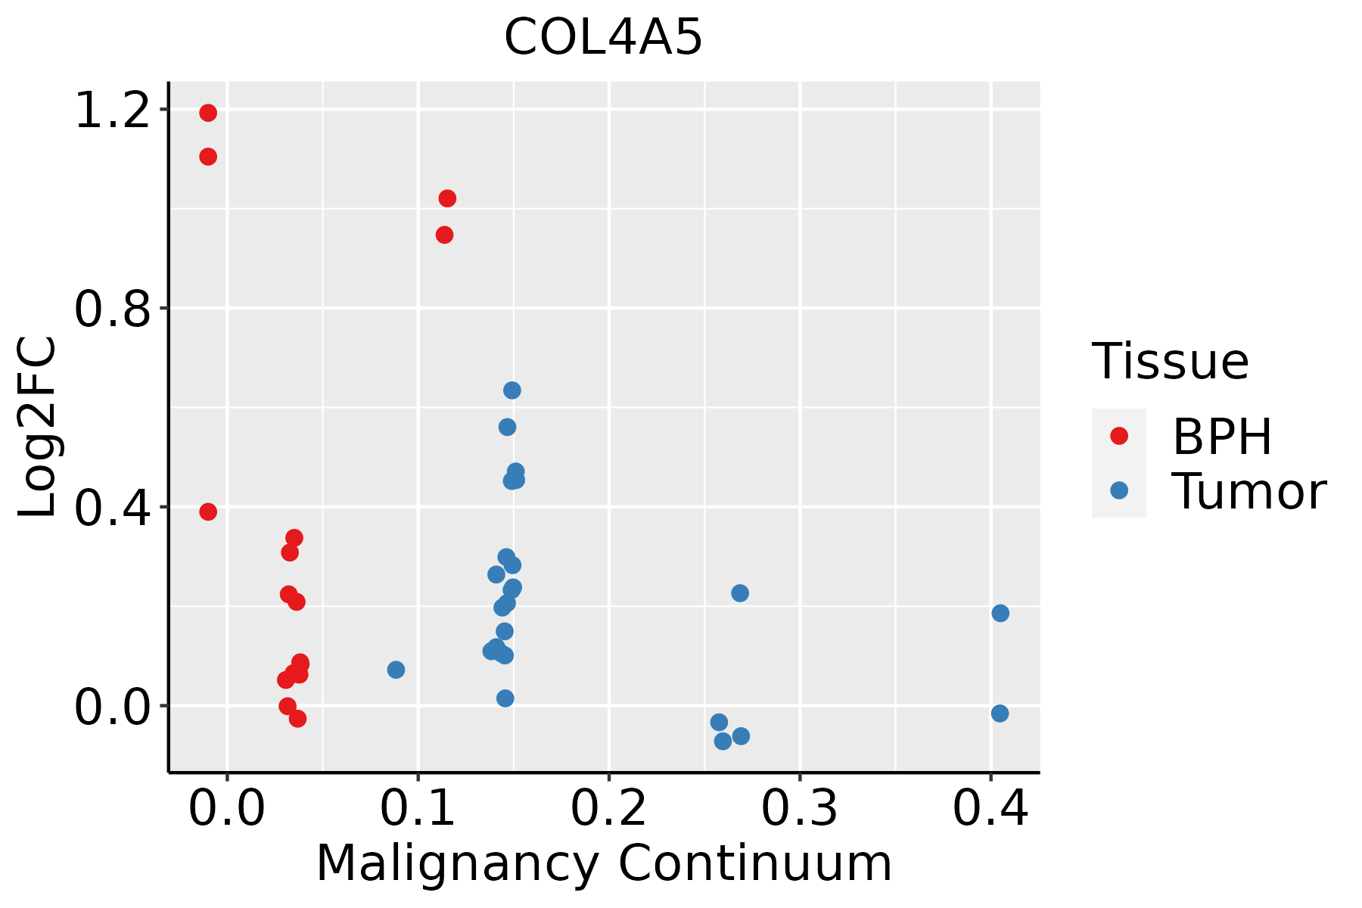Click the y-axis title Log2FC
38,428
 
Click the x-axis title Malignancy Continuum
604,863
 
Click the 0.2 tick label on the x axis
608,808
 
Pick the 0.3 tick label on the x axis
799,808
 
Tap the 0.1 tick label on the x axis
418,808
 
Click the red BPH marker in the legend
1118,436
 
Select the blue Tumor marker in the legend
1118,490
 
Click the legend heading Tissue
1171,362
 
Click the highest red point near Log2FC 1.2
208,113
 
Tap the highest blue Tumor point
512,390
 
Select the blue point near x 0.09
396,670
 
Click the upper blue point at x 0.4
1000,613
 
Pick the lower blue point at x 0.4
1000,714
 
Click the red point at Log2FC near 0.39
208,512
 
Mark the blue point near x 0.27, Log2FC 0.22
740,593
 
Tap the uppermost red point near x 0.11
447,199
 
